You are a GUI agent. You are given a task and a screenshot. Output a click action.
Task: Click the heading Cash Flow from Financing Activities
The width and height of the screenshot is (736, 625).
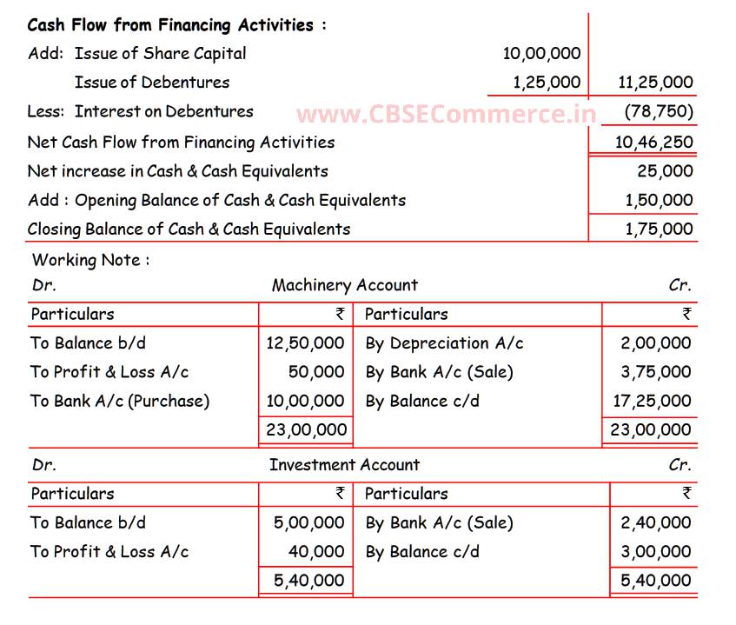(176, 24)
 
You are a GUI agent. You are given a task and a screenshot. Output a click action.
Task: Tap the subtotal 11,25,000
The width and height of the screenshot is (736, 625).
(655, 83)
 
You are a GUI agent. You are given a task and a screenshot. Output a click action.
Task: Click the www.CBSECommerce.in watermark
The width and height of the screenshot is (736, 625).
(446, 114)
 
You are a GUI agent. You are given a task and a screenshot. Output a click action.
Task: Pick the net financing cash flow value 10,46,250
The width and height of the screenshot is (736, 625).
(654, 142)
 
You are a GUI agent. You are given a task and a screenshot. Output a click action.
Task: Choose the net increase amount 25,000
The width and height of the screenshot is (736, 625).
(665, 171)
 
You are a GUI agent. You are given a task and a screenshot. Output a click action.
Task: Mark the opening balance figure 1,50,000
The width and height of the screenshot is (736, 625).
(659, 200)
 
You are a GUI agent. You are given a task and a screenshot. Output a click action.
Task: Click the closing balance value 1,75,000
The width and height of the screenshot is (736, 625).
(659, 229)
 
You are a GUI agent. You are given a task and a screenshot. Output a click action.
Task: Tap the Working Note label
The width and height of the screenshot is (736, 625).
(90, 259)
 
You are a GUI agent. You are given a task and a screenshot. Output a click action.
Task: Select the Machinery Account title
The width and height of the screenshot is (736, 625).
(344, 285)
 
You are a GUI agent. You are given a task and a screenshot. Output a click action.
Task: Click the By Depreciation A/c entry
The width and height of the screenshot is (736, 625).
(444, 343)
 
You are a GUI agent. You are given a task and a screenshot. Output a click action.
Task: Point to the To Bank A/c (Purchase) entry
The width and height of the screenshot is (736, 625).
(120, 401)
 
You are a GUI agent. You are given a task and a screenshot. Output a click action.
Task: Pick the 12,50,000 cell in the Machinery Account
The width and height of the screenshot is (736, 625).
(305, 343)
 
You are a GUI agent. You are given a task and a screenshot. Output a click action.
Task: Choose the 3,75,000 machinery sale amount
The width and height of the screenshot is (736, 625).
(656, 372)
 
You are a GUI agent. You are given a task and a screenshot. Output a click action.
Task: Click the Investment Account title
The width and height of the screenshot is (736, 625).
(344, 464)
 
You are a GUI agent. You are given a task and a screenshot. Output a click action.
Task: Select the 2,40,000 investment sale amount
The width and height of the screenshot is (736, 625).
(656, 522)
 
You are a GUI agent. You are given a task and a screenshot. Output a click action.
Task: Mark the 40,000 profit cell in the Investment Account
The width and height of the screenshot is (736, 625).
(316, 551)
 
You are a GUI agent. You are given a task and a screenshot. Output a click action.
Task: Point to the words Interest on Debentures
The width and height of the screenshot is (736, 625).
(163, 111)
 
